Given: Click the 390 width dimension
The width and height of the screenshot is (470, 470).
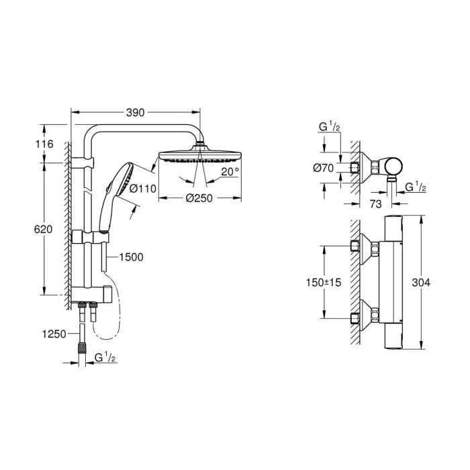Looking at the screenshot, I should tap(136, 113).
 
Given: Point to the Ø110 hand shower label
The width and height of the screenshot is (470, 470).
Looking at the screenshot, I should tap(142, 189).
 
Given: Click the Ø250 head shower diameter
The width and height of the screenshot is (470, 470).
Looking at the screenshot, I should tap(199, 198).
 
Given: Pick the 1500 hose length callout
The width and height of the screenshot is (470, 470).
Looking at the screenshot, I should tap(130, 256).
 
